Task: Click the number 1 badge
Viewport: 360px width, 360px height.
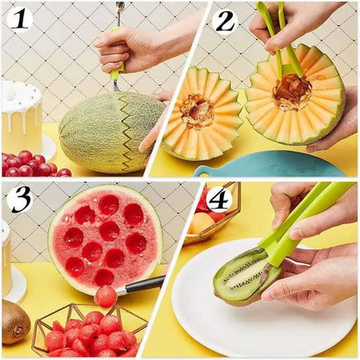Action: coord(19,17)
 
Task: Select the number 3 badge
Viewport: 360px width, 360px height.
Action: coord(19,198)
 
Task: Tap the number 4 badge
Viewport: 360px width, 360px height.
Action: coord(218,198)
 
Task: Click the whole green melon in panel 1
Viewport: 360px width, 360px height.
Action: coord(108,132)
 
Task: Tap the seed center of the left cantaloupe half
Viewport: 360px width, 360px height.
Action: coord(196,112)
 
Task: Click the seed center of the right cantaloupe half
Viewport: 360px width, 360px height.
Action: coord(292,92)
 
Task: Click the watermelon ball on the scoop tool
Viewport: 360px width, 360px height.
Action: coord(106,296)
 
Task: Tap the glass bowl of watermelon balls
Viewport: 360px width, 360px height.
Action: coord(87,332)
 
